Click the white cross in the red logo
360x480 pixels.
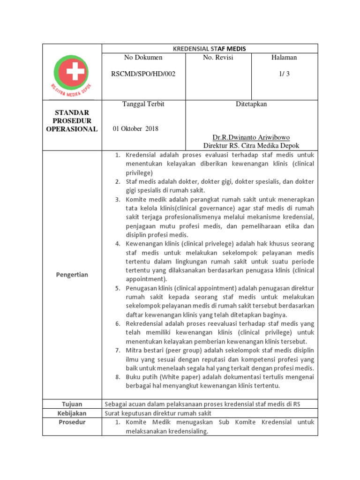point(72,72)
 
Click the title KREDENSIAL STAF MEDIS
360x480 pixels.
point(210,48)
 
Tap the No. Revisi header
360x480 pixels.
point(218,58)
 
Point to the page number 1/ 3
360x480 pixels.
point(284,74)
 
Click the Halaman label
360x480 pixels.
point(284,58)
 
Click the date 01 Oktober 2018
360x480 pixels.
point(136,129)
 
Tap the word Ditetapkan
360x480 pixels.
point(251,104)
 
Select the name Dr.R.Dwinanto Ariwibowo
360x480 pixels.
point(251,138)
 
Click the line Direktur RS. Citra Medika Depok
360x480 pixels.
point(251,146)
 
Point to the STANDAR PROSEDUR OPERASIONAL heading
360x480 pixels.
point(72,121)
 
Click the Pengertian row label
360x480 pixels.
point(72,275)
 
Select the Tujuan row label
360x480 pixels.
point(72,404)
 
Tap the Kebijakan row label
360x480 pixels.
point(72,413)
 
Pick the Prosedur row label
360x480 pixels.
point(72,422)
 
